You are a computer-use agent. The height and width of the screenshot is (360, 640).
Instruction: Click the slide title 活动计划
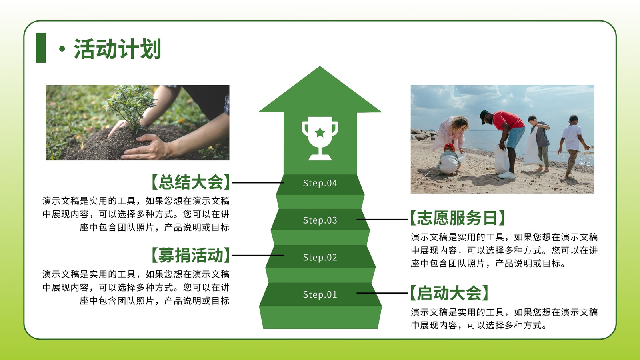pyautogui.click(x=118, y=49)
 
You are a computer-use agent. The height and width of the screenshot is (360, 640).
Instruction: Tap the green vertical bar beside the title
pyautogui.click(x=41, y=48)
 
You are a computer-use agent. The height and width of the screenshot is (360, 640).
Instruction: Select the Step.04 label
pyautogui.click(x=320, y=183)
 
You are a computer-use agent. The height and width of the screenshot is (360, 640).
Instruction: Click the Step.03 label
pyautogui.click(x=320, y=220)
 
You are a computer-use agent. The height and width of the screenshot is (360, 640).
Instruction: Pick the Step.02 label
pyautogui.click(x=320, y=258)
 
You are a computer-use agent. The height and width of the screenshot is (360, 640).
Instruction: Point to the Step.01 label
pyautogui.click(x=320, y=294)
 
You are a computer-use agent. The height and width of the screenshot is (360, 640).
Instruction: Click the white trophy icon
pyautogui.click(x=320, y=138)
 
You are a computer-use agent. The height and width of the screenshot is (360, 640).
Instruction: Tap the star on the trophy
pyautogui.click(x=320, y=132)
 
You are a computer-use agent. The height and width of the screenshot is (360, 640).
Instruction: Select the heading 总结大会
pyautogui.click(x=190, y=182)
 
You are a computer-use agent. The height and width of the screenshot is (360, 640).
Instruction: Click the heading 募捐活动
pyautogui.click(x=190, y=255)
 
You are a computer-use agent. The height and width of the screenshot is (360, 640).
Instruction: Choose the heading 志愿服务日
pyautogui.click(x=458, y=218)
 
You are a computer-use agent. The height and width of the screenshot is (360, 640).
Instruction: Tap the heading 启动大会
pyautogui.click(x=450, y=293)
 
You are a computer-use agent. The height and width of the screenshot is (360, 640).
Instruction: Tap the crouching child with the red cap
pyautogui.click(x=448, y=160)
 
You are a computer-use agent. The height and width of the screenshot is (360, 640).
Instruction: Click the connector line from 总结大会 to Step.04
pyautogui.click(x=258, y=182)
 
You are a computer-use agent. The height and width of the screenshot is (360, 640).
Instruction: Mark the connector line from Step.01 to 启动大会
pyautogui.click(x=382, y=293)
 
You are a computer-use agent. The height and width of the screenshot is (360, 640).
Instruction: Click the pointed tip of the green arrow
pyautogui.click(x=320, y=66)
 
